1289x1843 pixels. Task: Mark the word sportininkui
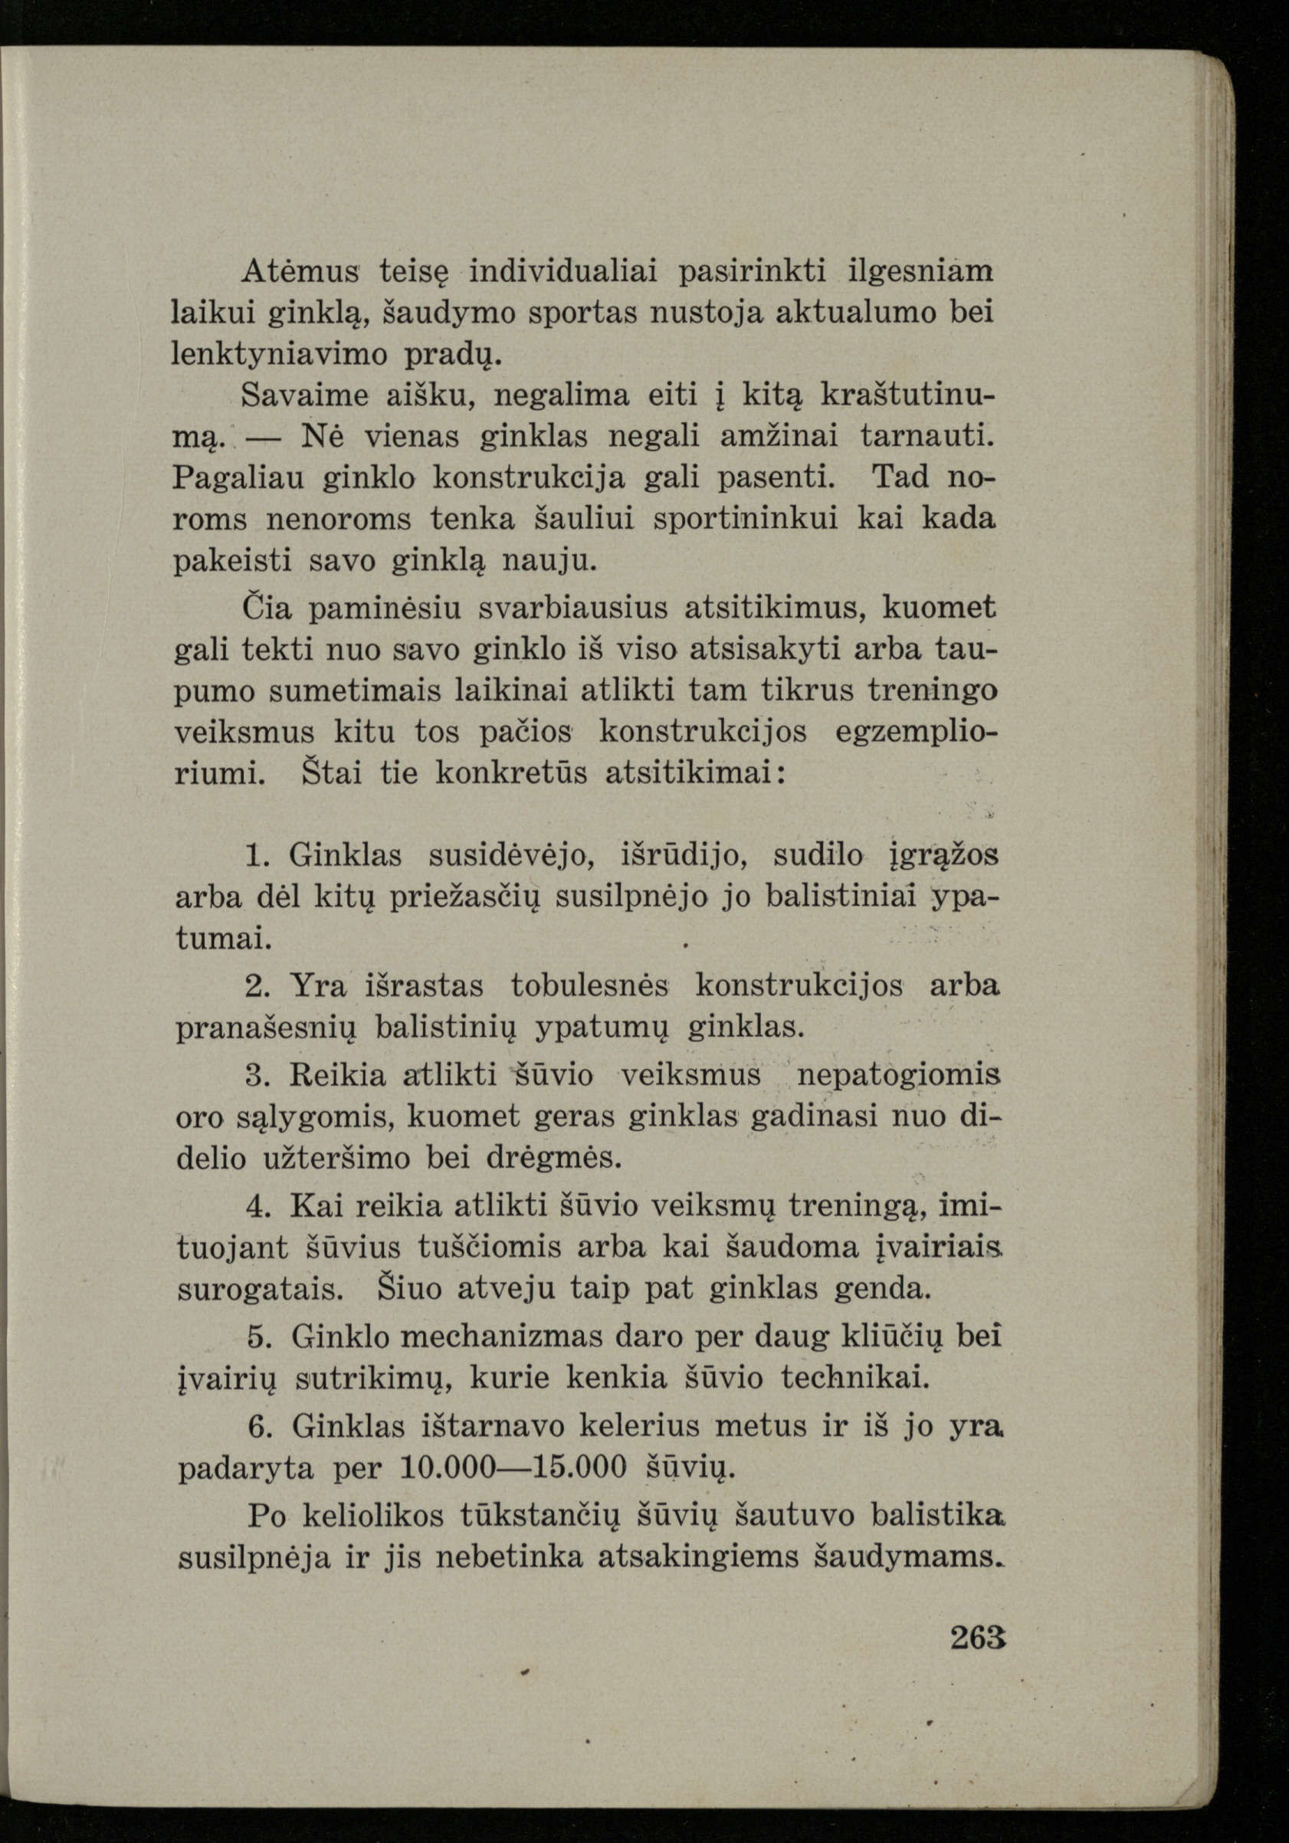point(746,520)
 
